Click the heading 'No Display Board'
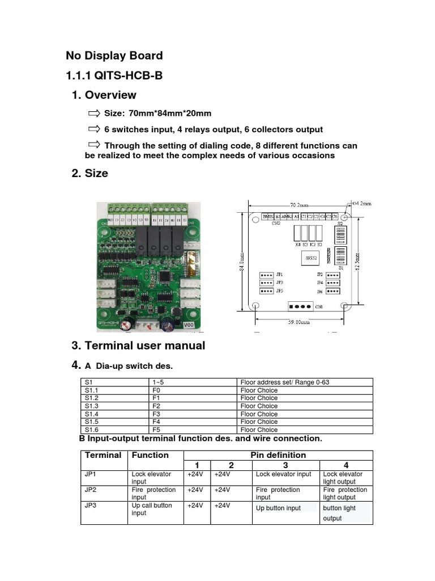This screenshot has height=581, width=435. click(x=114, y=56)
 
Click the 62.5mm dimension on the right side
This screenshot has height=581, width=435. click(x=358, y=262)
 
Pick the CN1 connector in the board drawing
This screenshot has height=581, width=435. click(x=300, y=306)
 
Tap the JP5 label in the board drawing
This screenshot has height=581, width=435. click(x=280, y=291)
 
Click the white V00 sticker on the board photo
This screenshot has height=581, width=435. click(x=190, y=326)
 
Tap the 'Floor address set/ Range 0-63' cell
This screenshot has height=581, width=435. click(x=284, y=382)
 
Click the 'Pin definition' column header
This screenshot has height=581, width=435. click(x=278, y=455)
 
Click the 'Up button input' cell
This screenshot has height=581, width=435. click(x=278, y=508)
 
